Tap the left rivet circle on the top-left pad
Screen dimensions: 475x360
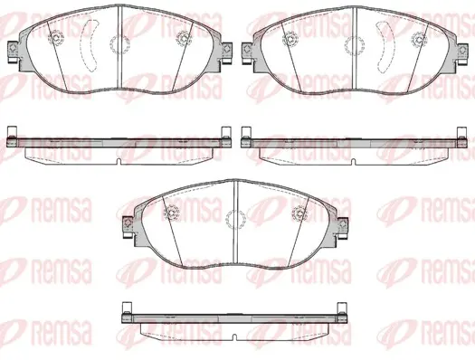tap(56, 38)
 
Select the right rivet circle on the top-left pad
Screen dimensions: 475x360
tap(184, 39)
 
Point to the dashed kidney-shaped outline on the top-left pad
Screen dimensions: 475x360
tap(90, 45)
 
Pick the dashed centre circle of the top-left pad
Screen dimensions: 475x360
tap(119, 45)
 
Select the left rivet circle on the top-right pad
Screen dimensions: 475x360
tap(290, 39)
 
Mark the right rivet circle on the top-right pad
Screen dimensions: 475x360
tap(419, 39)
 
